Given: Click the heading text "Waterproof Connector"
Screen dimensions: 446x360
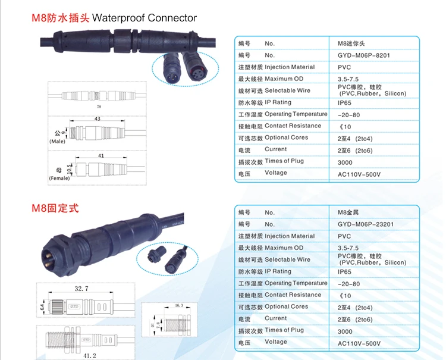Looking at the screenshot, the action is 145,18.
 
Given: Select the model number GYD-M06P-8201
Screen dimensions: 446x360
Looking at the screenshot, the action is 363,55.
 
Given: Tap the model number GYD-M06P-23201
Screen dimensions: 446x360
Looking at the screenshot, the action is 365,224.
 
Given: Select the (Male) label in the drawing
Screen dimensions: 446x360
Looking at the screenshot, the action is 58,142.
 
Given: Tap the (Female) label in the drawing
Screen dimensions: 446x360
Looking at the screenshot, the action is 59,178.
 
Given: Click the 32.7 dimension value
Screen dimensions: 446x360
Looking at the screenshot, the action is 81,289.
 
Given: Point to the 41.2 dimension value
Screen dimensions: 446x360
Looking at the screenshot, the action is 89,356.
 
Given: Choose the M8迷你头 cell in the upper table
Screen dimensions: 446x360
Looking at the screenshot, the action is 356,43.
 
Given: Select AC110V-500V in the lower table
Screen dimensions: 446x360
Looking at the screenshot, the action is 359,343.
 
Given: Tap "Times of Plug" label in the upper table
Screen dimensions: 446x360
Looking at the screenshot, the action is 284,161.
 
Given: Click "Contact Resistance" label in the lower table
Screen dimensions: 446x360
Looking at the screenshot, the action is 293,295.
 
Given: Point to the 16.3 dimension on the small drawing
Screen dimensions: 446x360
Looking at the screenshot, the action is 179,306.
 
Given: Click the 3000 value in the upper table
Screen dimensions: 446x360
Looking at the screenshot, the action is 345,162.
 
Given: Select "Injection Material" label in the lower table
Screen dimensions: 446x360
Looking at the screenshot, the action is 290,236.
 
